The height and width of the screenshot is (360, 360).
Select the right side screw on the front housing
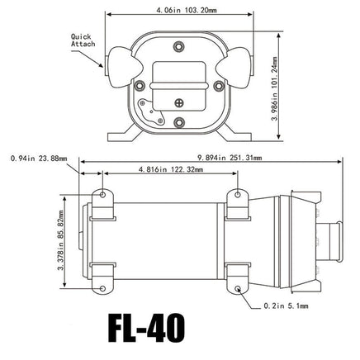pos(218,85)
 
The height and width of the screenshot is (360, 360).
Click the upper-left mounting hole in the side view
pos(102,195)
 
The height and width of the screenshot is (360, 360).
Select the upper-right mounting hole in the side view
pos(239,195)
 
